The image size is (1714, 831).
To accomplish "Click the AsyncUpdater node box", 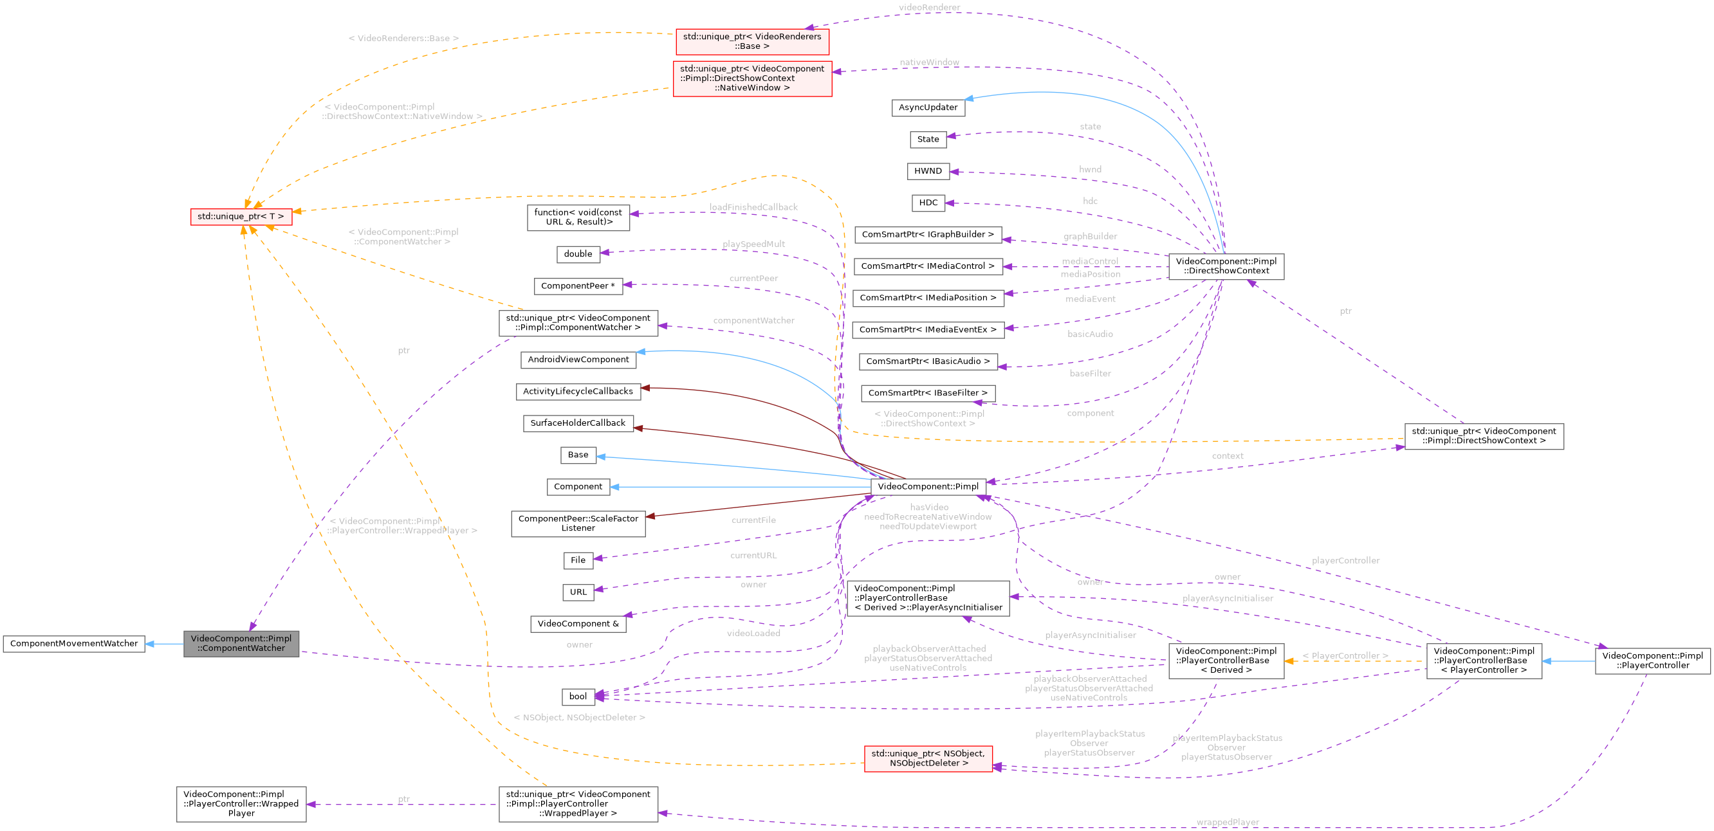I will pyautogui.click(x=928, y=108).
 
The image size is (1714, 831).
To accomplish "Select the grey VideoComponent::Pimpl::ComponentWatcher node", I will pyautogui.click(x=241, y=643).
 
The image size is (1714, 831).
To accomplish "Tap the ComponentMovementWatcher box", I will pyautogui.click(x=74, y=643).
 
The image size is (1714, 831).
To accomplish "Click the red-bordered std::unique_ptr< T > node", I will pyautogui.click(x=240, y=217).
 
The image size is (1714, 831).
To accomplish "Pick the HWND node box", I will pyautogui.click(x=928, y=171).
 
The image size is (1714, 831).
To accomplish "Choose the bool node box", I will pyautogui.click(x=578, y=697).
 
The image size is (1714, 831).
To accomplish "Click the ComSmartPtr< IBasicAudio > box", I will pyautogui.click(x=928, y=361).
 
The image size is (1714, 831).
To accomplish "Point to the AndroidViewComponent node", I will pyautogui.click(x=578, y=360).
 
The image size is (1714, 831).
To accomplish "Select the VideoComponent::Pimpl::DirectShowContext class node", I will pyautogui.click(x=1226, y=266).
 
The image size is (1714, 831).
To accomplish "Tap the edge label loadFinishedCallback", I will pyautogui.click(x=753, y=207).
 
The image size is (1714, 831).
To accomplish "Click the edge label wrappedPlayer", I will pyautogui.click(x=1227, y=823).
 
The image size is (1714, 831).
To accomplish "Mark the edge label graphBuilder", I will pyautogui.click(x=1090, y=236).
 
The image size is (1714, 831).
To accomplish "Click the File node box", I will pyautogui.click(x=578, y=560).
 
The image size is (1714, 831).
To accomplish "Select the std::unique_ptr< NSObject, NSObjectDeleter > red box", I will pyautogui.click(x=928, y=758).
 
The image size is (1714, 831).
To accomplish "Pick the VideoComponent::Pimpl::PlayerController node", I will pyautogui.click(x=1652, y=661).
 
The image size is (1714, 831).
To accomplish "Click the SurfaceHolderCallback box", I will pyautogui.click(x=578, y=423).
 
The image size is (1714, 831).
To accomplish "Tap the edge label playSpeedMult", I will pyautogui.click(x=753, y=244).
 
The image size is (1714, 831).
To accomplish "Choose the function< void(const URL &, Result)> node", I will pyautogui.click(x=578, y=217).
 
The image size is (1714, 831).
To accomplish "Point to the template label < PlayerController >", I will pyautogui.click(x=1345, y=656).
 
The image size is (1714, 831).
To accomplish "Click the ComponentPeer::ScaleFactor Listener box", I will pyautogui.click(x=578, y=524).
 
